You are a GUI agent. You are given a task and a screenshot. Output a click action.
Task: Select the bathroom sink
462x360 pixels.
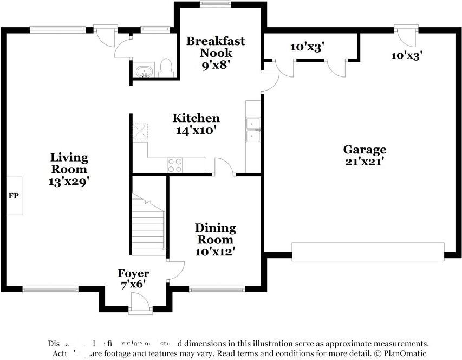click(145, 71)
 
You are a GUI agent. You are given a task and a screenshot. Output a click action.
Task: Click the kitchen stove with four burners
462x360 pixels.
click(175, 165)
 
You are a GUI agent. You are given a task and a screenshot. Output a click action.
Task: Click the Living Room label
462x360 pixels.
click(69, 163)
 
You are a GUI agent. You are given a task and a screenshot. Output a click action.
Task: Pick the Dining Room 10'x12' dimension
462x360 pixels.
click(215, 252)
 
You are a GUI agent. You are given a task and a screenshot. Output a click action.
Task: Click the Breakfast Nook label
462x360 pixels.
click(216, 47)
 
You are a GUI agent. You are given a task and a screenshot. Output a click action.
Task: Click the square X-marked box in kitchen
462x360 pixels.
click(140, 132)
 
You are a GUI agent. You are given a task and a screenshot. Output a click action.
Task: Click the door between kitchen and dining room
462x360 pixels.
click(224, 168)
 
